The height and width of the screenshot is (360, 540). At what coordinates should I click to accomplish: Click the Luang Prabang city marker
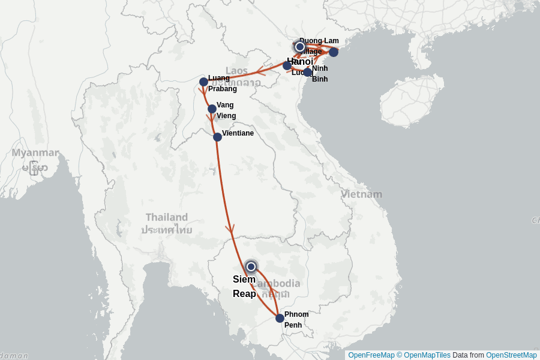203,82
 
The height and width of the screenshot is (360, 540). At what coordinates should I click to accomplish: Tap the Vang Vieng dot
212,109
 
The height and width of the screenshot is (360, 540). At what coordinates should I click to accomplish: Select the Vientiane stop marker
217,137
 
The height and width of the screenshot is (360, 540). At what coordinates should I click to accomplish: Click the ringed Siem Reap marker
251,266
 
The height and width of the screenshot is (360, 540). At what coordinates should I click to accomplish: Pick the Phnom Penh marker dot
280,318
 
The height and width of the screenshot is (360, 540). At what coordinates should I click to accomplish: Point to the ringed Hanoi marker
299,47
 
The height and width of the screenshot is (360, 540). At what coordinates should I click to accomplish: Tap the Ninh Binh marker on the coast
308,73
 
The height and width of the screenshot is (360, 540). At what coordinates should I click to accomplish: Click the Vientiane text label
238,133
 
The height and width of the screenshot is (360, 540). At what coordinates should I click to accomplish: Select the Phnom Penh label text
296,320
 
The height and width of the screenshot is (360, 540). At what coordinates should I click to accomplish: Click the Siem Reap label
244,287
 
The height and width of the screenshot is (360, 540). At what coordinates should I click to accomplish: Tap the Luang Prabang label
221,83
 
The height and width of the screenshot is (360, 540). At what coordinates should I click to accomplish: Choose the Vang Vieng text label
226,110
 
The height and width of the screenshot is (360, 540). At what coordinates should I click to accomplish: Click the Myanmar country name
35,153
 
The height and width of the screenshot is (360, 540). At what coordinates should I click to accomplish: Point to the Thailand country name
166,217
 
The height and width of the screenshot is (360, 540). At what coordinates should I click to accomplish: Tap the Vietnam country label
361,194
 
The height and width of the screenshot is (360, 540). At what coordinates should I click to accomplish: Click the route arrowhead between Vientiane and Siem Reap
229,229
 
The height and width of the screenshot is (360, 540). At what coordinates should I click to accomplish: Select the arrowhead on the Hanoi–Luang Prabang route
259,73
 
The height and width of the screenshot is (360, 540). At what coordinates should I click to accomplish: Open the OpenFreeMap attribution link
371,355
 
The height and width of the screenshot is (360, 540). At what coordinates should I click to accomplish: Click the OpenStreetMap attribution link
511,355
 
